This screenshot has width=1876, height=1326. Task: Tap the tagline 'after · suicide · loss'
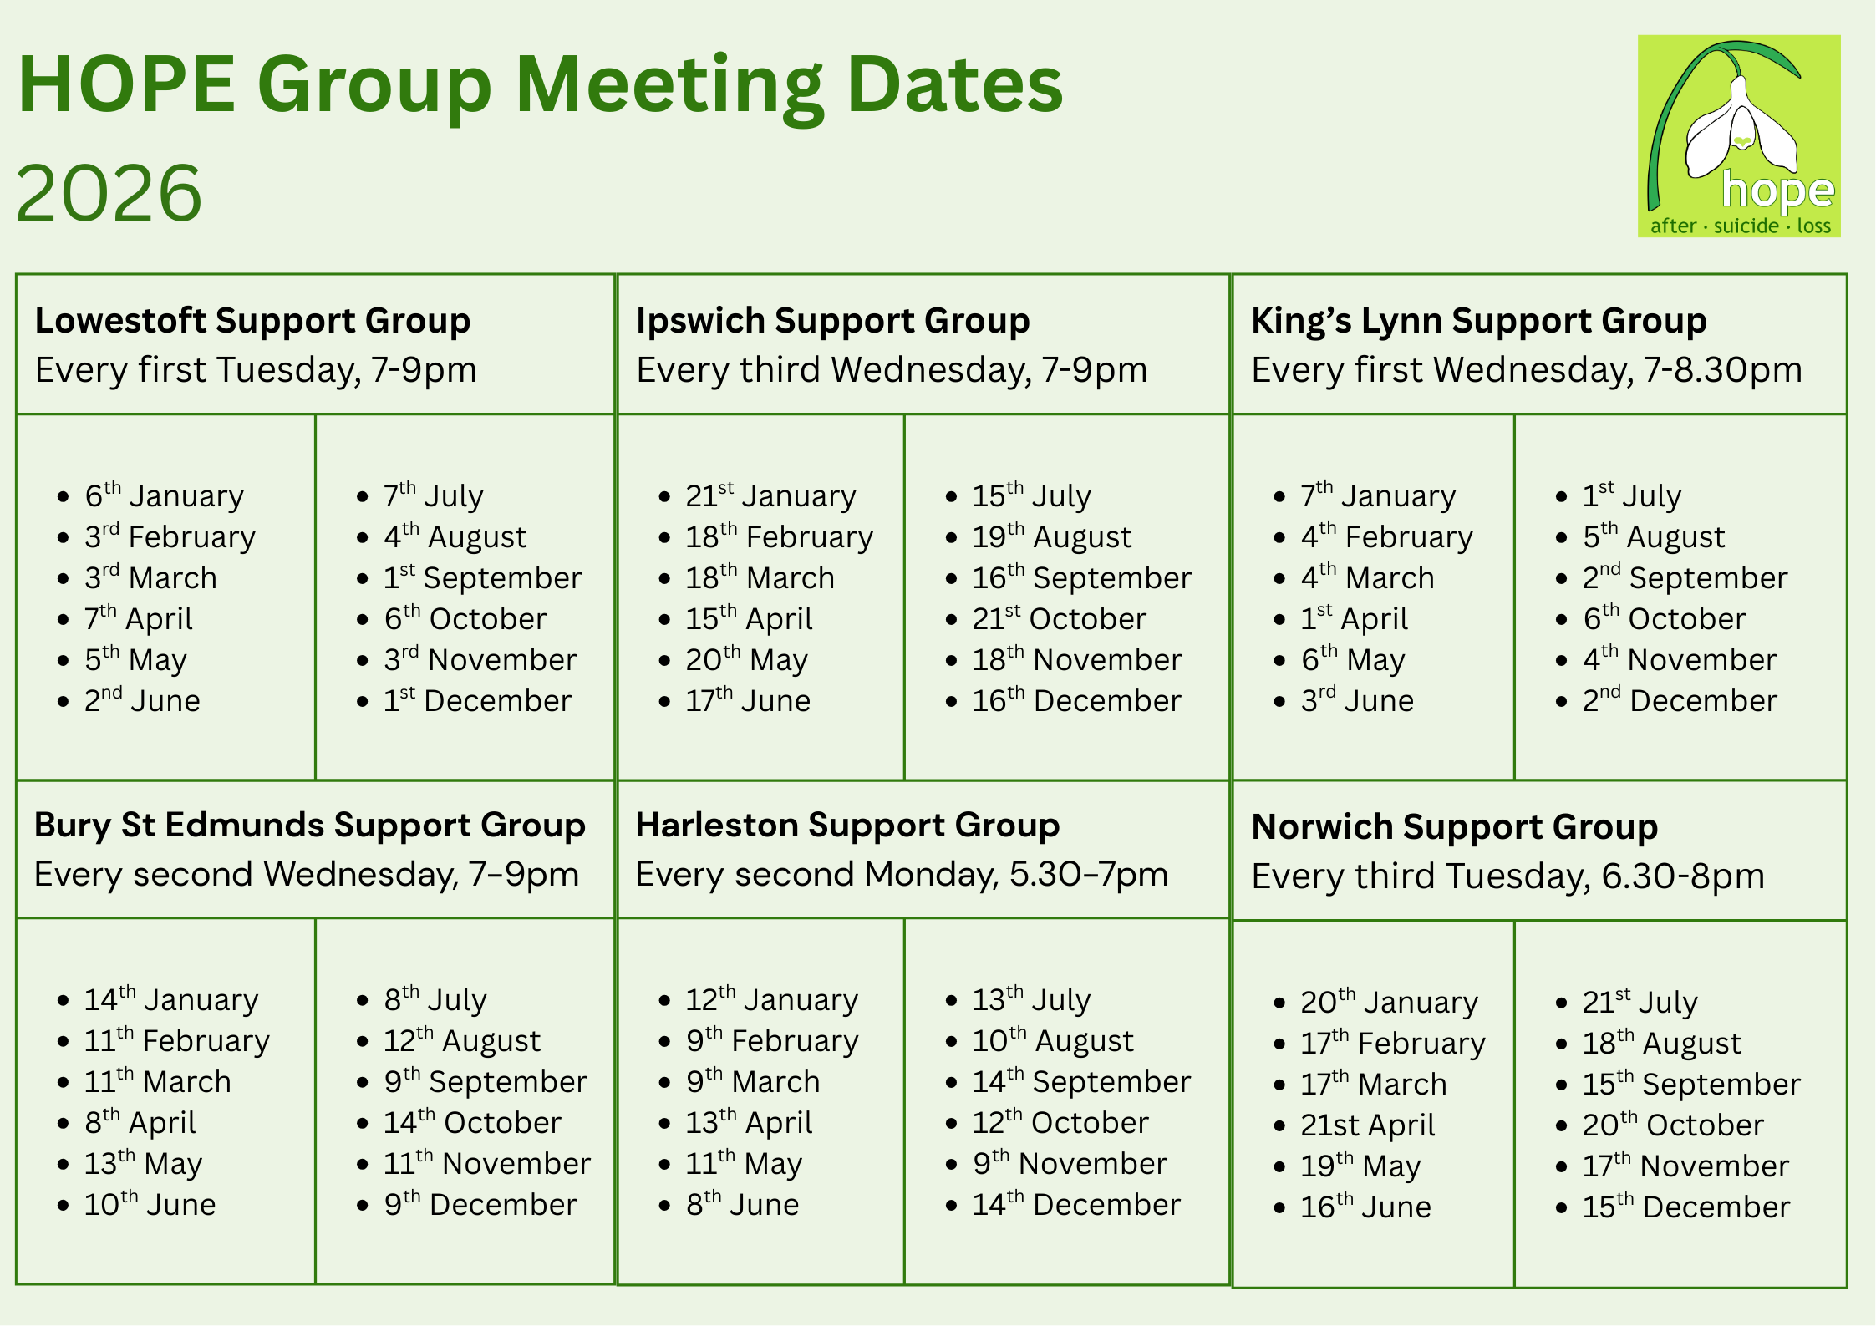tap(1740, 226)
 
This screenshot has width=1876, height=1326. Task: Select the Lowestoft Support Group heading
tap(252, 321)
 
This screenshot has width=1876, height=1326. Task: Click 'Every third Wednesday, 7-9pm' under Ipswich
tap(892, 370)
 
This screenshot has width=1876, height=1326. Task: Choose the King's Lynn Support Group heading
tap(1478, 321)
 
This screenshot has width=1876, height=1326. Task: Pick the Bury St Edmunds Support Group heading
tap(309, 826)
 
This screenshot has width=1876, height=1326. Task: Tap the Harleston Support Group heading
tap(847, 826)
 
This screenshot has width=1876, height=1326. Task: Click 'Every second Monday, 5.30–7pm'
tap(902, 875)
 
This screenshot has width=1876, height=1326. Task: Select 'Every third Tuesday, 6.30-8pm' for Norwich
tap(1507, 876)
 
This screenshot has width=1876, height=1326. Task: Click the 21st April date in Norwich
tap(1367, 1125)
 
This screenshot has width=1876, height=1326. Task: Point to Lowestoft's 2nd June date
tap(142, 700)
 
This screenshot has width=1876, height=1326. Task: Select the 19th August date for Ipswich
tap(1051, 536)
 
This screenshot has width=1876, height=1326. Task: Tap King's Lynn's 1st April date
tap(1354, 618)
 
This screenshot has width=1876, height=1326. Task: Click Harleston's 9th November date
tap(1069, 1163)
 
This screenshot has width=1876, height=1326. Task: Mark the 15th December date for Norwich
tap(1685, 1207)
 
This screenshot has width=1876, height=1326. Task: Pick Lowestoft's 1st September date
tap(482, 577)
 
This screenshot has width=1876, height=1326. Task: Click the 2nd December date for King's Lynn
tap(1679, 700)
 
